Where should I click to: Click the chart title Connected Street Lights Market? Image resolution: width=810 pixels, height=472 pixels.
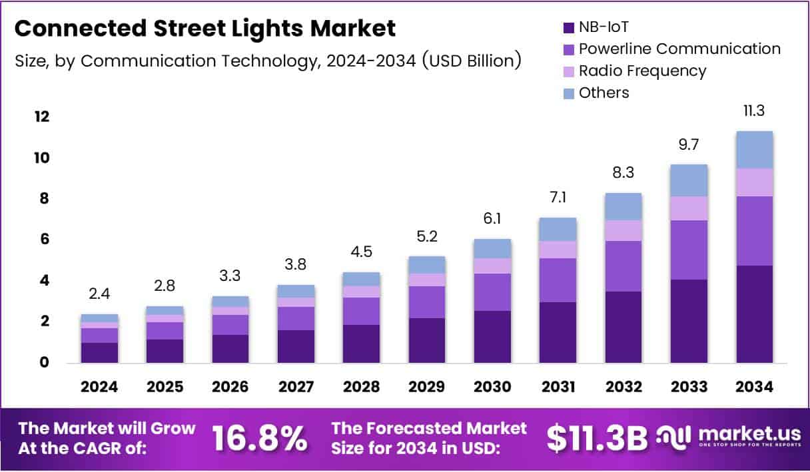tap(205, 29)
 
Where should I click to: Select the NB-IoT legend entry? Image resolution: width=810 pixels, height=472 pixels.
tap(604, 28)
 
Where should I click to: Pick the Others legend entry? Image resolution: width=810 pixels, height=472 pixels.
tap(604, 93)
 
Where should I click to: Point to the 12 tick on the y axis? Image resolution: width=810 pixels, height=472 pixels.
tap(41, 117)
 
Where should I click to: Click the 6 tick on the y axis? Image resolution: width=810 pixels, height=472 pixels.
tap(43, 240)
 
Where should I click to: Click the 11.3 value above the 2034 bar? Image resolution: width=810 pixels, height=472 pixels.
tap(754, 111)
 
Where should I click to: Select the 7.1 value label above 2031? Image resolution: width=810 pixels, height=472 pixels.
tap(558, 198)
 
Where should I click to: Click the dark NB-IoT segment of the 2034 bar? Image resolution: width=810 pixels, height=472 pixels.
tap(754, 314)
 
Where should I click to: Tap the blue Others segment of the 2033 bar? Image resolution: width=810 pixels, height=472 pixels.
tap(689, 180)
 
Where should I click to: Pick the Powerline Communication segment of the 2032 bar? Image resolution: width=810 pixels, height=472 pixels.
tap(623, 266)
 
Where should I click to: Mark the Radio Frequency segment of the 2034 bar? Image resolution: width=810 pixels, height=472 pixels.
tap(754, 182)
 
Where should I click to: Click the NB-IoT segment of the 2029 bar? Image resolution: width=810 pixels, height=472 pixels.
tap(427, 340)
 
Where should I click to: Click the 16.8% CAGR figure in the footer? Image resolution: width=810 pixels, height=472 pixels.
tap(260, 438)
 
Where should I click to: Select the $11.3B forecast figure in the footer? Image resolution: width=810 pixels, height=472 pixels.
tap(597, 438)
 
